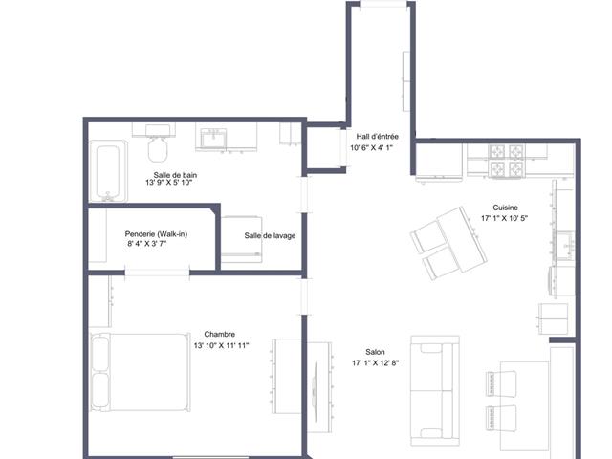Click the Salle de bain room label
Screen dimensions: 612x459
coord(175,175)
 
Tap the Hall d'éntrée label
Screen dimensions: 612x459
coord(378,137)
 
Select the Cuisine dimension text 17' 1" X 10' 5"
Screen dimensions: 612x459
coord(504,219)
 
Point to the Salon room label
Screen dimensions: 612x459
coord(375,352)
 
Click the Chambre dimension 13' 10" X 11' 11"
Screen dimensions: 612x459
coord(221,345)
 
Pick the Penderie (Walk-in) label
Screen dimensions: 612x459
coord(156,234)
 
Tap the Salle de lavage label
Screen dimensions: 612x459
coord(270,236)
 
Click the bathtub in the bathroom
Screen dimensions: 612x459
coord(108,171)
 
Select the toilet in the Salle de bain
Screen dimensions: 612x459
coord(158,143)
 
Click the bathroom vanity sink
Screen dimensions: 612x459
coord(213,139)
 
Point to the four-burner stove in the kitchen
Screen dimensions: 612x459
coord(507,161)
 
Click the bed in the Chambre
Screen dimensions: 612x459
coord(141,372)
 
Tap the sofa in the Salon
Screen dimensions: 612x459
coord(435,391)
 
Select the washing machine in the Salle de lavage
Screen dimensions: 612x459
coord(242,240)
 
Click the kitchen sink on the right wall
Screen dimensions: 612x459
coord(565,246)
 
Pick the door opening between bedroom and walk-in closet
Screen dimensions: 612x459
coord(157,273)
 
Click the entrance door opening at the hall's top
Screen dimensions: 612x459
coord(383,4)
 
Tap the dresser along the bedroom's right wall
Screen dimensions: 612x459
coord(287,376)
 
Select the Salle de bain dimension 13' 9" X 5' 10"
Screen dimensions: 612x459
coord(169,183)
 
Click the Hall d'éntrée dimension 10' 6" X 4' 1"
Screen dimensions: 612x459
coord(371,148)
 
